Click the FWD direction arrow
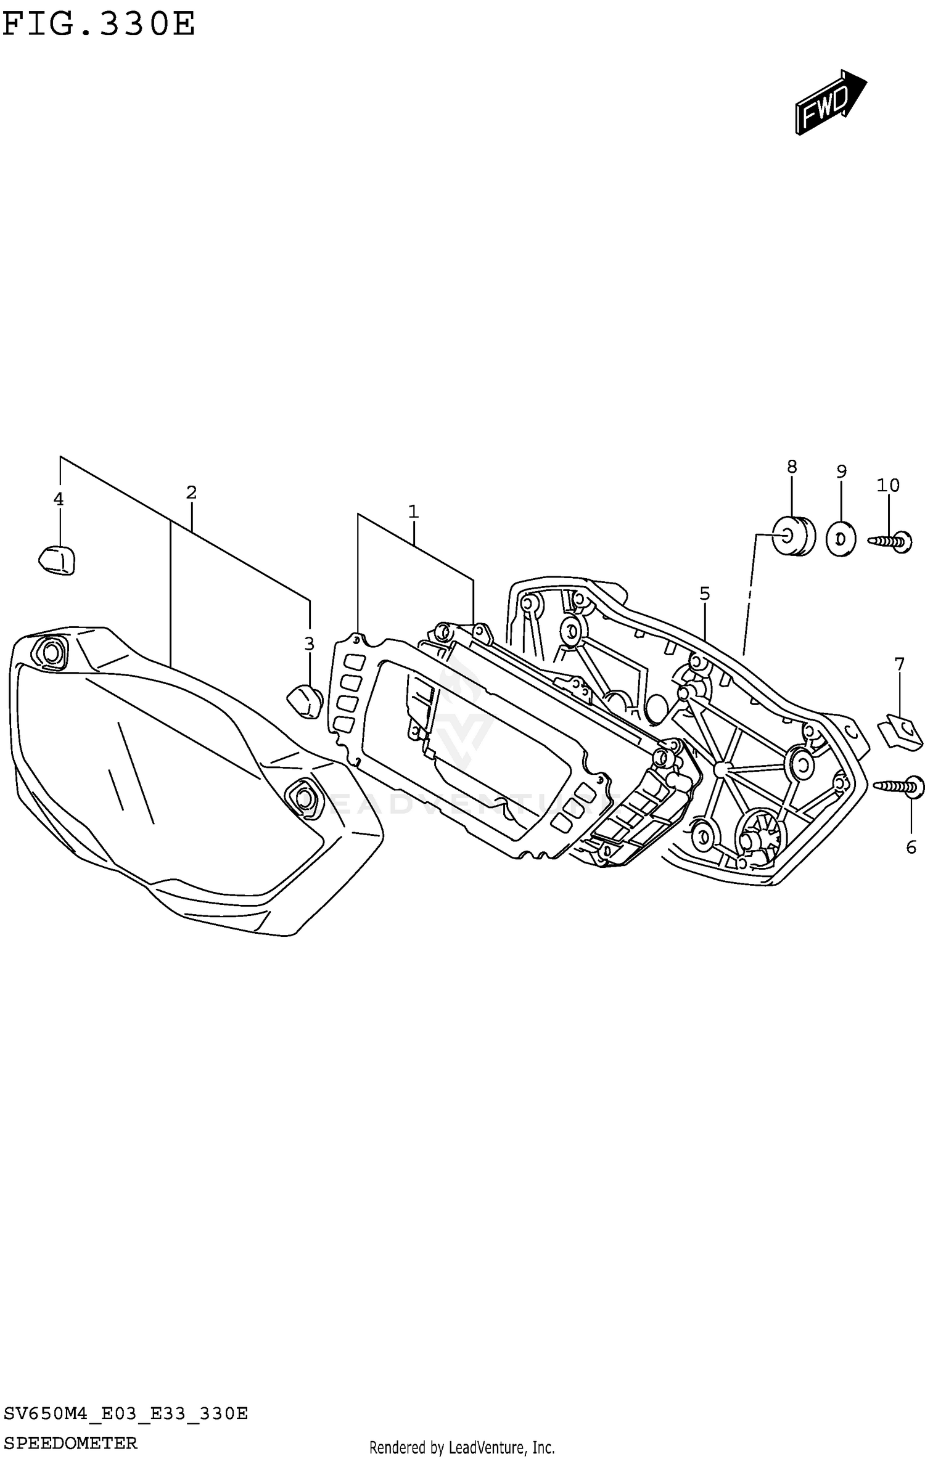pyautogui.click(x=829, y=102)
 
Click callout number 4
pyautogui.click(x=59, y=499)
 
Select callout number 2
pyautogui.click(x=191, y=493)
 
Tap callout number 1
pyautogui.click(x=413, y=512)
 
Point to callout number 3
pyautogui.click(x=309, y=644)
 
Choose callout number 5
pyautogui.click(x=705, y=594)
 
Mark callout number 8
pyautogui.click(x=792, y=467)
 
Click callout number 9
pyautogui.click(x=842, y=472)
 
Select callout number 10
pyautogui.click(x=889, y=486)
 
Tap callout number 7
pyautogui.click(x=899, y=664)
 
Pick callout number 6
pyautogui.click(x=911, y=847)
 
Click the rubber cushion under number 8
pyautogui.click(x=793, y=536)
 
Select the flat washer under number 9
pyautogui.click(x=841, y=539)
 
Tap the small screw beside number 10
pyautogui.click(x=891, y=541)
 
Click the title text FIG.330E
pyautogui.click(x=99, y=25)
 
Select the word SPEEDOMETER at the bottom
pyautogui.click(x=70, y=1443)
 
